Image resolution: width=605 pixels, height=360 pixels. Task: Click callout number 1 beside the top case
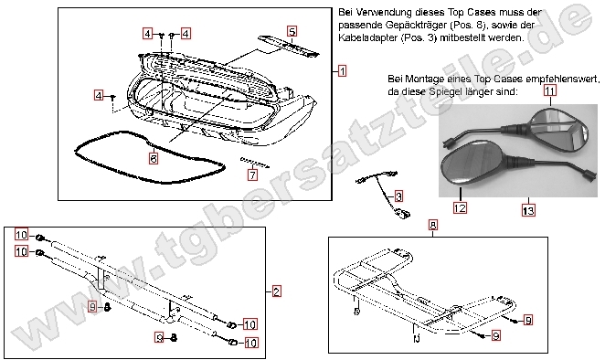[x=341, y=69]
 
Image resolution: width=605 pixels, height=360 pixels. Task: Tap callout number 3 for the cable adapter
[x=398, y=196]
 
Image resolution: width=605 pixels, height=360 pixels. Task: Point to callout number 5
[x=292, y=31]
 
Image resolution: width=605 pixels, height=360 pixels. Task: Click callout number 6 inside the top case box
[x=154, y=158]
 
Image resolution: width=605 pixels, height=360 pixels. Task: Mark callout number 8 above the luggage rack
[x=432, y=224]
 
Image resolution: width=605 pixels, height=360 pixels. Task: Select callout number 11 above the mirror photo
[x=549, y=91]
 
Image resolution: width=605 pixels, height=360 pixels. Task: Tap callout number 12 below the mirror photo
[x=460, y=209]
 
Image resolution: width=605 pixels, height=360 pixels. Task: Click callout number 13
[x=526, y=210]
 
